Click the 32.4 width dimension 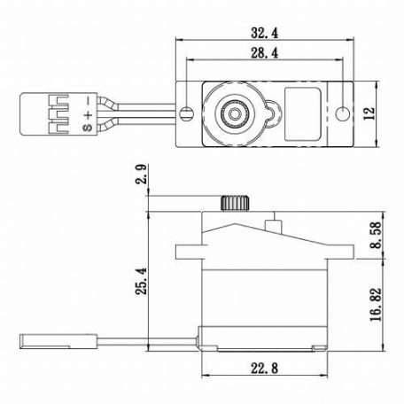click(263, 33)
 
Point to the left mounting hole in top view click(186, 114)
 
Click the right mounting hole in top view click(341, 114)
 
